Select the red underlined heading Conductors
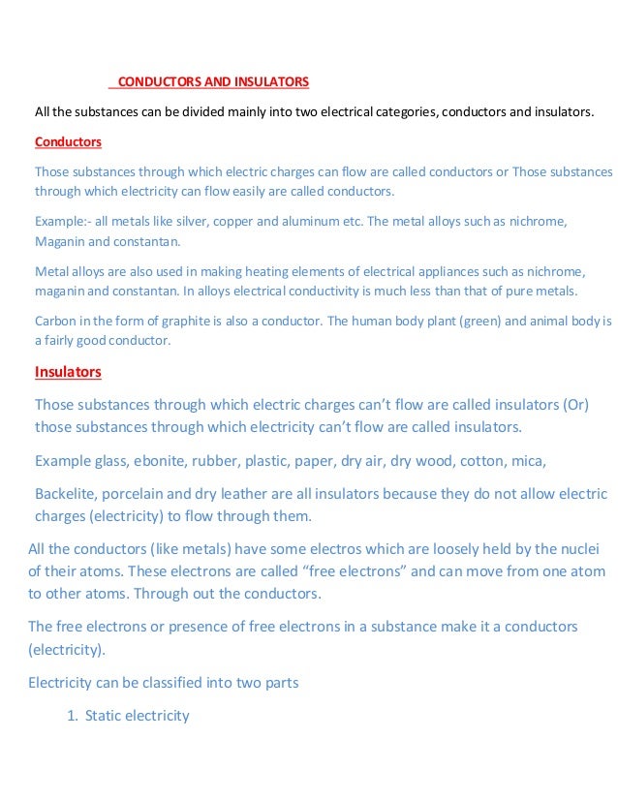[x=68, y=141]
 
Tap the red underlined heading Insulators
[x=68, y=371]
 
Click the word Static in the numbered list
[x=106, y=716]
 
